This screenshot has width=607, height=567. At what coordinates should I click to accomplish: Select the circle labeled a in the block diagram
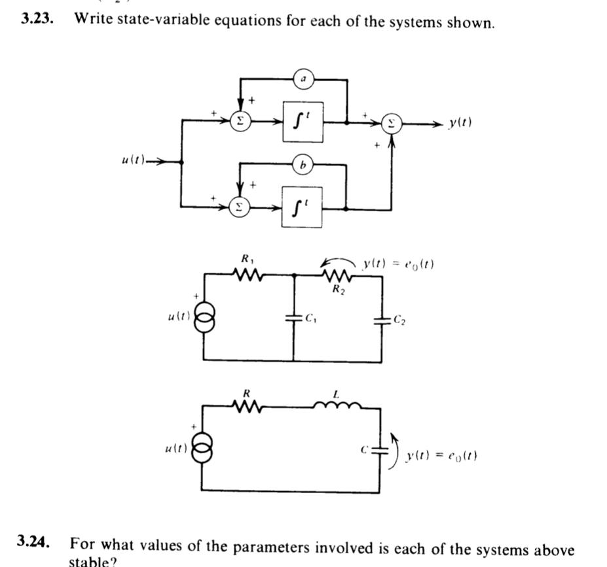pos(303,79)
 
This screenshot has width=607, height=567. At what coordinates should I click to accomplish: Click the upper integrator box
pos(303,122)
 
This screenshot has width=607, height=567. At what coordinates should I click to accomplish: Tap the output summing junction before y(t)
pos(392,122)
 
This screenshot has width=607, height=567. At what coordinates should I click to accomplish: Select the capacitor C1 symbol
pos(293,320)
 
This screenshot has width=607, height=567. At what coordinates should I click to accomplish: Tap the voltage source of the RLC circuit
pos(204,450)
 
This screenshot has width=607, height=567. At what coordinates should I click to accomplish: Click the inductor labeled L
pos(336,406)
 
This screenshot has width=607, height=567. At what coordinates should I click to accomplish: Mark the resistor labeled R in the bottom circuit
pos(247,406)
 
